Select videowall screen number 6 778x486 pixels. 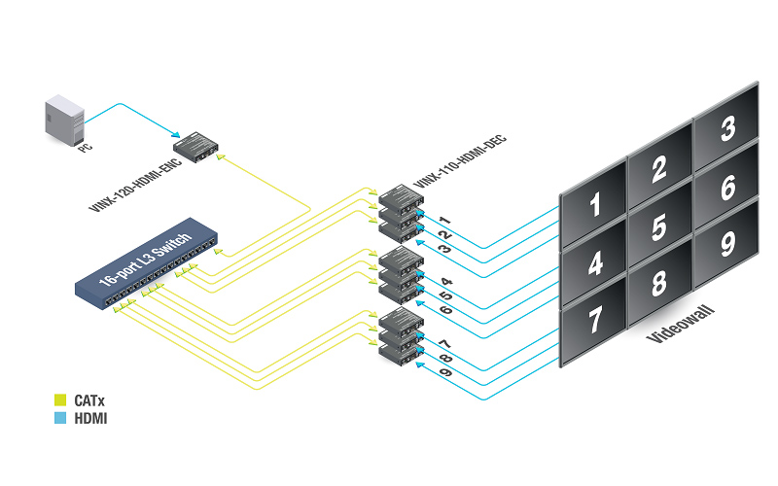725,187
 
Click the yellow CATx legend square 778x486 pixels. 57,399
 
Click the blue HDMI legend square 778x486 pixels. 57,418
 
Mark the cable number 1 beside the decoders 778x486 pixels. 442,221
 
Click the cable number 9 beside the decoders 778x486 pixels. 445,372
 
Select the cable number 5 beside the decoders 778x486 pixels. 445,295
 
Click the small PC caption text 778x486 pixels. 83,146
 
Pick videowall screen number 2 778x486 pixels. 658,169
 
